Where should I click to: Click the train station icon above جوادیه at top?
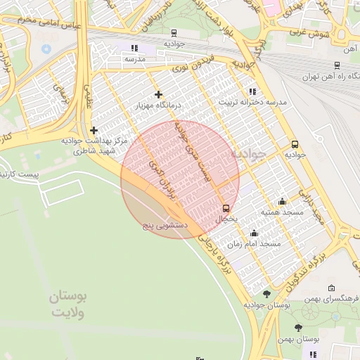(174, 32)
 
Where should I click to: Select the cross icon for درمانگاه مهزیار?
(158, 94)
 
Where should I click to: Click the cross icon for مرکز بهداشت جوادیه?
(94, 130)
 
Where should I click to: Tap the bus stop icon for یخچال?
(226, 208)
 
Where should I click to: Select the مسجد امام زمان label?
(259, 243)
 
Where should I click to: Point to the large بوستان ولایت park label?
(67, 306)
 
